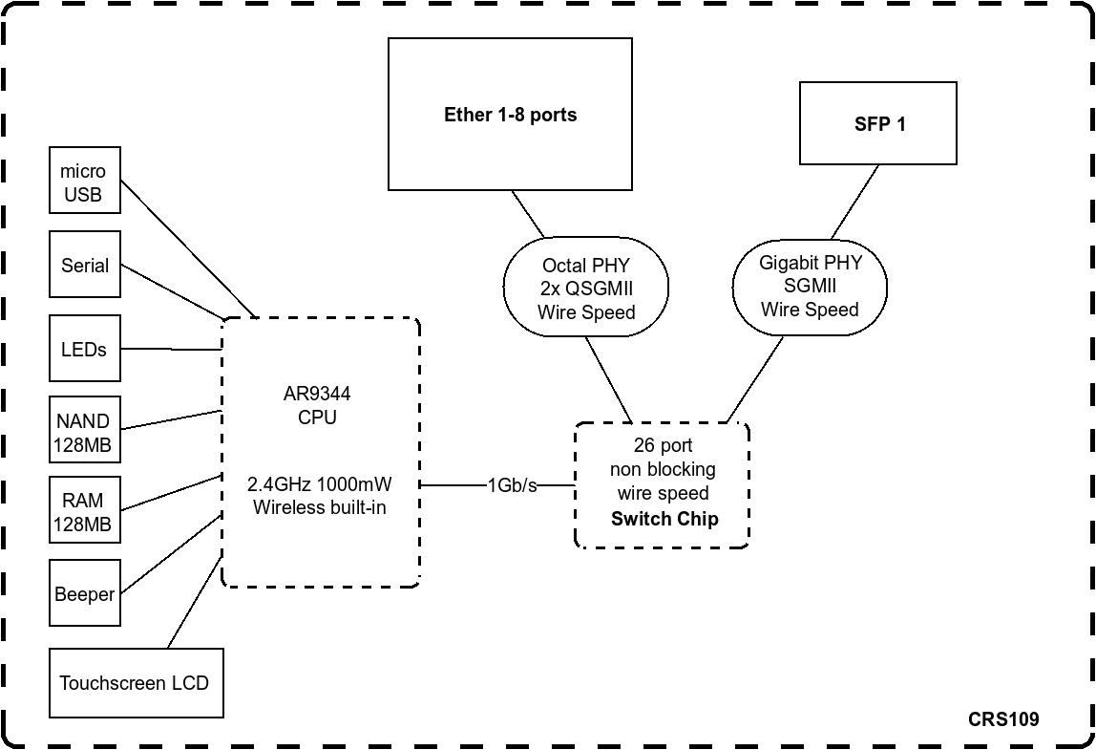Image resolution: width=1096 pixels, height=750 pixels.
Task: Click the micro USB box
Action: click(84, 181)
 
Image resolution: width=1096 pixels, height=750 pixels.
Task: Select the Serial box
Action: click(85, 265)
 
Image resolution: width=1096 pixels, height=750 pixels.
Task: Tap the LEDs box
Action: click(85, 349)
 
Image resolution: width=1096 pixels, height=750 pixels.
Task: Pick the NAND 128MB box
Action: click(85, 431)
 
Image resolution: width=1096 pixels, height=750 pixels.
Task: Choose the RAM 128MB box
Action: click(85, 512)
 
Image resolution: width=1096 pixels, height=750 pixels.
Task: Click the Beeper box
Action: click(85, 593)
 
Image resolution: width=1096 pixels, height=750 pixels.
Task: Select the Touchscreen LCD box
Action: click(136, 683)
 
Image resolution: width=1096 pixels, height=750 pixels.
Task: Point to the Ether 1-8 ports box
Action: click(510, 115)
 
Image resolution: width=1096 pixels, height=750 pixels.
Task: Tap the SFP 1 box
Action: click(877, 124)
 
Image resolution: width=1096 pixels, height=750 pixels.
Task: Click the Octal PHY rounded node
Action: click(585, 288)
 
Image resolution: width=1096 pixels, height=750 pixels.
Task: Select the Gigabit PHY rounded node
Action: click(810, 287)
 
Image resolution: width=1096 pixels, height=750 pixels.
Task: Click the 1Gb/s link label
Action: click(512, 485)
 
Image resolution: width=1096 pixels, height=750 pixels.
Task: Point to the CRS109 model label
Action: click(1002, 719)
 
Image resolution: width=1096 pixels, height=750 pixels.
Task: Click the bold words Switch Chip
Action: click(664, 519)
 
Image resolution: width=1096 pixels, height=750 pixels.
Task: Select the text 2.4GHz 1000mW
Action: click(319, 483)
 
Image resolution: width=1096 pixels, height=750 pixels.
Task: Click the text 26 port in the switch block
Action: click(663, 445)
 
